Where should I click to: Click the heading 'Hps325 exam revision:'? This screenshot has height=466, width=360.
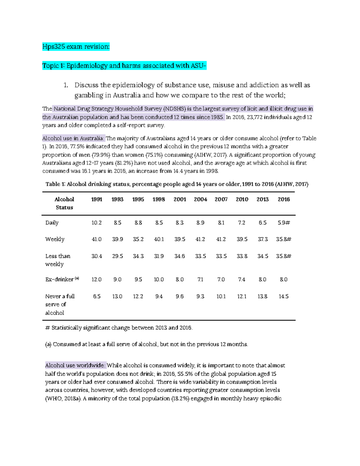coord(76,47)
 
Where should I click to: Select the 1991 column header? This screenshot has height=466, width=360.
coord(97,199)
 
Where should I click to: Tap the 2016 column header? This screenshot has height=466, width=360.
coord(283,199)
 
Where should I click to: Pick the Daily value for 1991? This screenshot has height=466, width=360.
coord(97,223)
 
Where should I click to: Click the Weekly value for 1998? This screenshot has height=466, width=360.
coord(159,239)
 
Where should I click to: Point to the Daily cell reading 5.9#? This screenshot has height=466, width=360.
coord(283,223)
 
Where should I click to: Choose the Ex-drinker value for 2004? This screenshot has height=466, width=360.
coord(200,279)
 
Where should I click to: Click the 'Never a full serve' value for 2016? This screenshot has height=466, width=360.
coord(283,296)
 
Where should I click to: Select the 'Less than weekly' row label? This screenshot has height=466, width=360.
coord(58,260)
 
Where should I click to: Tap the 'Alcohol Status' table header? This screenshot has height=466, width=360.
coord(64,203)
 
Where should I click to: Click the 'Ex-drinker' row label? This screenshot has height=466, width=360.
coord(59,279)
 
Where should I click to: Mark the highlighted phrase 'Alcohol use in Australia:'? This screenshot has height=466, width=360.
coord(73,138)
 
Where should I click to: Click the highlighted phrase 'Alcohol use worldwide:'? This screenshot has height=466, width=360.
coord(75,365)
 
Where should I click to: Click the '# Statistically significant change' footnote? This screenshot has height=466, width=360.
coord(118,328)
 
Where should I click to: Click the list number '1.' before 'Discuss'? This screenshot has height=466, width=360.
coord(66,85)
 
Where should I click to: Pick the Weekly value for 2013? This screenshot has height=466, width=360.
coord(262,239)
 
